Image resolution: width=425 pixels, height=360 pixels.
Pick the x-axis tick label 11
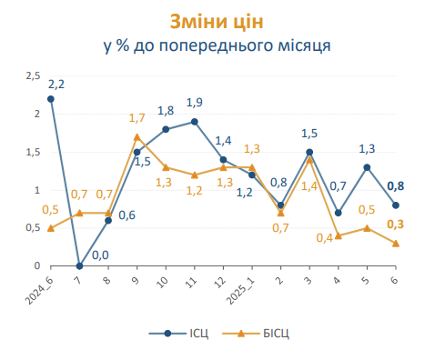point(193,282)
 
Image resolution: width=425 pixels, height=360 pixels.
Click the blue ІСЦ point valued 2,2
point(51,98)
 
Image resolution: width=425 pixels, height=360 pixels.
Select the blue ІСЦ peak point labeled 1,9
point(194,121)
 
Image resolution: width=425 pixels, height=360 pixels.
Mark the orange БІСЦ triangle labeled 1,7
point(137,137)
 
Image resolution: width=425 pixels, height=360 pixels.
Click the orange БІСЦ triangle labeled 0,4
point(338,235)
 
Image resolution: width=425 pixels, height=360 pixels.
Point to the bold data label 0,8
point(396,186)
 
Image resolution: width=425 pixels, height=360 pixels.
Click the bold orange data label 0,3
point(396,225)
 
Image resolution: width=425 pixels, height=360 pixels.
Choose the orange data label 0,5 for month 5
point(367,210)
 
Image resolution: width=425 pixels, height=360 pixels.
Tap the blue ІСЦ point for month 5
point(367,167)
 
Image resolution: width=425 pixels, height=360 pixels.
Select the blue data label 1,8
point(165,110)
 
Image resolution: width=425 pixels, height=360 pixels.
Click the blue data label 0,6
point(126,215)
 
